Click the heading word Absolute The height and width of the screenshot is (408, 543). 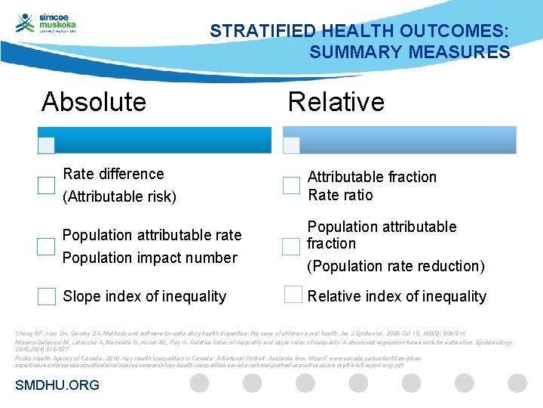[94, 102]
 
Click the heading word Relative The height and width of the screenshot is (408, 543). [336, 102]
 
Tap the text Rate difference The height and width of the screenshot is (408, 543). [113, 174]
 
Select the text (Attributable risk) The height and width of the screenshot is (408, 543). [119, 197]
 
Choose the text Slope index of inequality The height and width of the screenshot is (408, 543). [144, 296]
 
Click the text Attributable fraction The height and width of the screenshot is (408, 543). [372, 177]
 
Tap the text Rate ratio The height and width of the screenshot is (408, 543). [340, 195]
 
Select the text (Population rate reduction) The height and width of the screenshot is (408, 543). [395, 266]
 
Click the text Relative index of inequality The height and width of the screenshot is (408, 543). [397, 296]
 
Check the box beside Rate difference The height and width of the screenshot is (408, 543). [46, 186]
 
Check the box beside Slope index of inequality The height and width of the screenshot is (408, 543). [46, 296]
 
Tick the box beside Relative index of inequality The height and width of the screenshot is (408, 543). [293, 295]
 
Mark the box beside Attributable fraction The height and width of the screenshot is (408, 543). [291, 185]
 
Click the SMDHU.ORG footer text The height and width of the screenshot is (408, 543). [57, 385]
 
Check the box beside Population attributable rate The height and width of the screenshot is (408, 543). [46, 246]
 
